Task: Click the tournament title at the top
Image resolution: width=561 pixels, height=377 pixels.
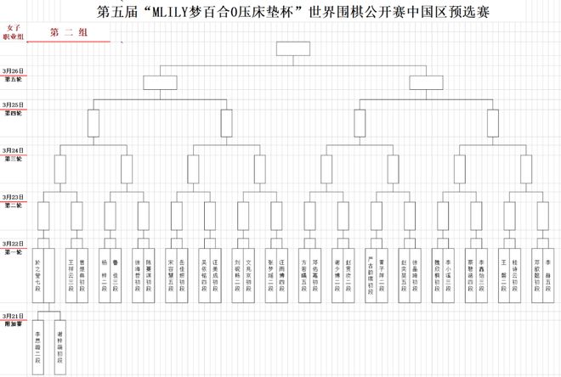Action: click(x=293, y=13)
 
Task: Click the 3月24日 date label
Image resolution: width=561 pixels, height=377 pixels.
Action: click(x=13, y=149)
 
